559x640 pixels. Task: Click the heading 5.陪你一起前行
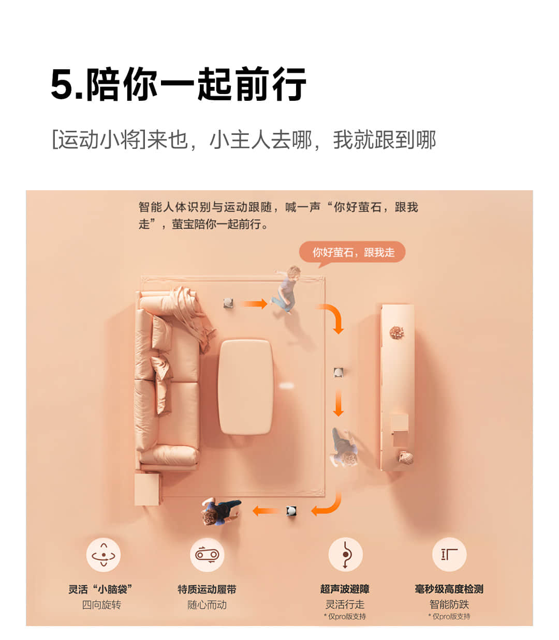click(x=178, y=84)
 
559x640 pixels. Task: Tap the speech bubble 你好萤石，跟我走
click(x=352, y=252)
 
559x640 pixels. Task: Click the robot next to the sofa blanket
click(x=228, y=303)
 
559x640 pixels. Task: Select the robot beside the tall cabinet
click(x=338, y=372)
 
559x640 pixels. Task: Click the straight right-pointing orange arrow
click(x=254, y=303)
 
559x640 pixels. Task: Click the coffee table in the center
click(x=245, y=387)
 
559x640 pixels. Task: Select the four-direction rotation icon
click(x=104, y=555)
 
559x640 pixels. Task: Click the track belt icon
click(x=207, y=555)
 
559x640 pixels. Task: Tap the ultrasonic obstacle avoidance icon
click(x=345, y=554)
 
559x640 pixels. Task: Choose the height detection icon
click(x=449, y=554)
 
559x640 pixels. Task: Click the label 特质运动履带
click(x=207, y=589)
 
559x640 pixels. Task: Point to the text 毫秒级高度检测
click(x=449, y=589)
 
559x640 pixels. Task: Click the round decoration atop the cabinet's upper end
click(x=397, y=332)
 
